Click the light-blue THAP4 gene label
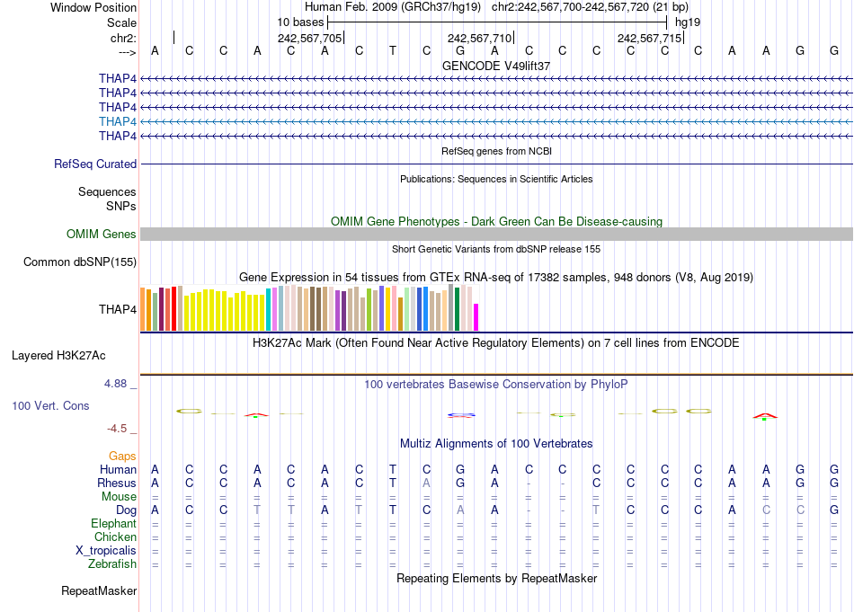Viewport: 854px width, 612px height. pos(118,121)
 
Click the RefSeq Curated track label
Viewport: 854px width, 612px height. pos(95,164)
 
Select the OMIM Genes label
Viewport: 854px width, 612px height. pos(102,234)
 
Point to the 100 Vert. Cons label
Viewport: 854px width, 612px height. pos(50,406)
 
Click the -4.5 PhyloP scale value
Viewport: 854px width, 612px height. pos(120,429)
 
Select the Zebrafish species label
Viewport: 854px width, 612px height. pos(112,564)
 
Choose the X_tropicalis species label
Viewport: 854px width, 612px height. pos(106,551)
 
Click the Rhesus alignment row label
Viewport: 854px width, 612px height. pos(117,483)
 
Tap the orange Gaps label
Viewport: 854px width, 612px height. pos(122,457)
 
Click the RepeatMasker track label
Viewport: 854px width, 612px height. pos(99,590)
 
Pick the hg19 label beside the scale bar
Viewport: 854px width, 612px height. pos(688,21)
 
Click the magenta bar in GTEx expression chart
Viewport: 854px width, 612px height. pos(476,317)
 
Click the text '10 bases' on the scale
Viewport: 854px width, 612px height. pos(300,21)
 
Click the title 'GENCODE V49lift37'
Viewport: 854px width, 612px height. pos(496,66)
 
